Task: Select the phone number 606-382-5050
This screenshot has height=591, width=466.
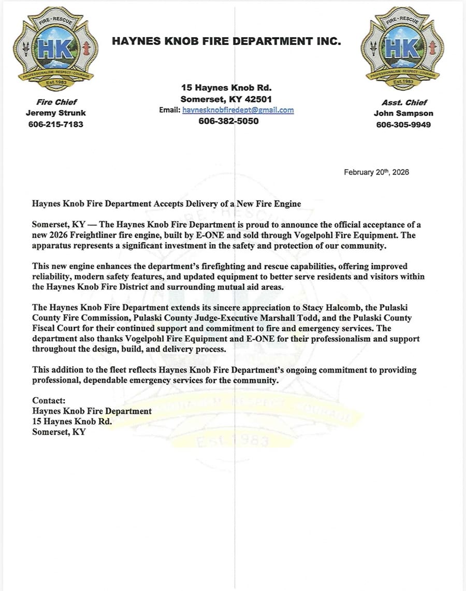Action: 228,121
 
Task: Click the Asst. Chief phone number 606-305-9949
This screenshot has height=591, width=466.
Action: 403,124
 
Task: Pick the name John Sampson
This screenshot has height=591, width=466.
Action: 403,113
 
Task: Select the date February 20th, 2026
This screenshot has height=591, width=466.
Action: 376,172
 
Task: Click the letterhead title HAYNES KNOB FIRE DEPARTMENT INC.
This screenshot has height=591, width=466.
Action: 226,41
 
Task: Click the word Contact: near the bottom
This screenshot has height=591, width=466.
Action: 49,400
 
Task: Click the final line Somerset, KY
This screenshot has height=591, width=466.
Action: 59,431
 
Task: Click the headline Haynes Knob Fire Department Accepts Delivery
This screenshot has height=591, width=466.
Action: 166,204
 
